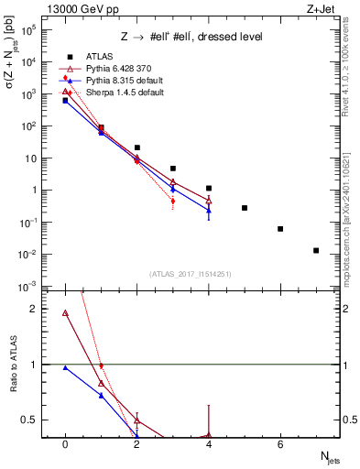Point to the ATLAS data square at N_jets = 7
(x=316, y=250)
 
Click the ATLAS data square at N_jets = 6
(x=280, y=229)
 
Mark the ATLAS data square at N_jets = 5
(x=245, y=208)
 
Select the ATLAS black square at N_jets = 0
(x=65, y=101)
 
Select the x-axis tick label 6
(x=280, y=444)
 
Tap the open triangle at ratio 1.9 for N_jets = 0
(x=65, y=313)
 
